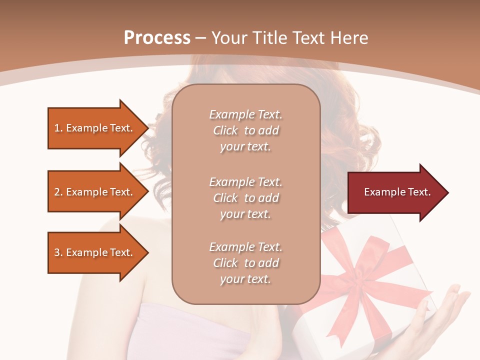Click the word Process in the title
(x=157, y=38)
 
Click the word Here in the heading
(x=348, y=38)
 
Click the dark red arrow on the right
(x=395, y=192)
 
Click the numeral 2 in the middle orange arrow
(x=57, y=192)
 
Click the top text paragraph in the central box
(x=245, y=130)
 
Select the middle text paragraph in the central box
(x=245, y=198)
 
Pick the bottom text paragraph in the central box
(x=245, y=263)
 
